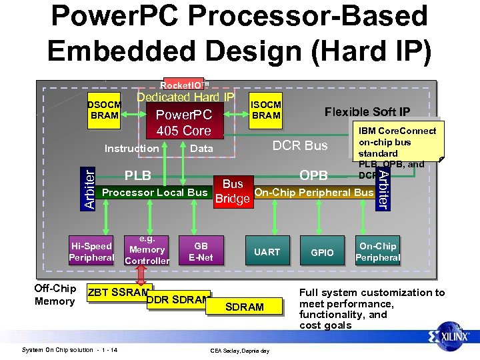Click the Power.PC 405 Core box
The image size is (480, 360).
pyautogui.click(x=183, y=123)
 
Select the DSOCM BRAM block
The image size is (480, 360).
pyautogui.click(x=105, y=110)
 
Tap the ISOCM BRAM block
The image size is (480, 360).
pyautogui.click(x=266, y=110)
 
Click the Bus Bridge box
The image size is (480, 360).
pyautogui.click(x=232, y=191)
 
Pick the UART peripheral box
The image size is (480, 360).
pyautogui.click(x=267, y=252)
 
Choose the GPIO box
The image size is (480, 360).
pyautogui.click(x=322, y=253)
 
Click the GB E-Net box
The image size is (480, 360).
pyautogui.click(x=201, y=251)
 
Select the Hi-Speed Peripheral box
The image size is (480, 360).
pyautogui.click(x=91, y=251)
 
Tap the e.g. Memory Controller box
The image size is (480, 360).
pyautogui.click(x=147, y=250)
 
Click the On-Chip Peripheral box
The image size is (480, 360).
pyautogui.click(x=377, y=251)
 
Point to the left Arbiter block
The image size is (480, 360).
pyautogui.click(x=88, y=188)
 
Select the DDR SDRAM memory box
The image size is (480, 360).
pyautogui.click(x=179, y=299)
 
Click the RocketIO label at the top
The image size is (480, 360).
pyautogui.click(x=185, y=85)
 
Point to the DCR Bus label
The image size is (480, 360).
pyautogui.click(x=301, y=145)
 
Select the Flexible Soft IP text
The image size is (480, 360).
pyautogui.click(x=367, y=112)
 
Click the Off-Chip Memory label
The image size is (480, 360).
pyautogui.click(x=55, y=295)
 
